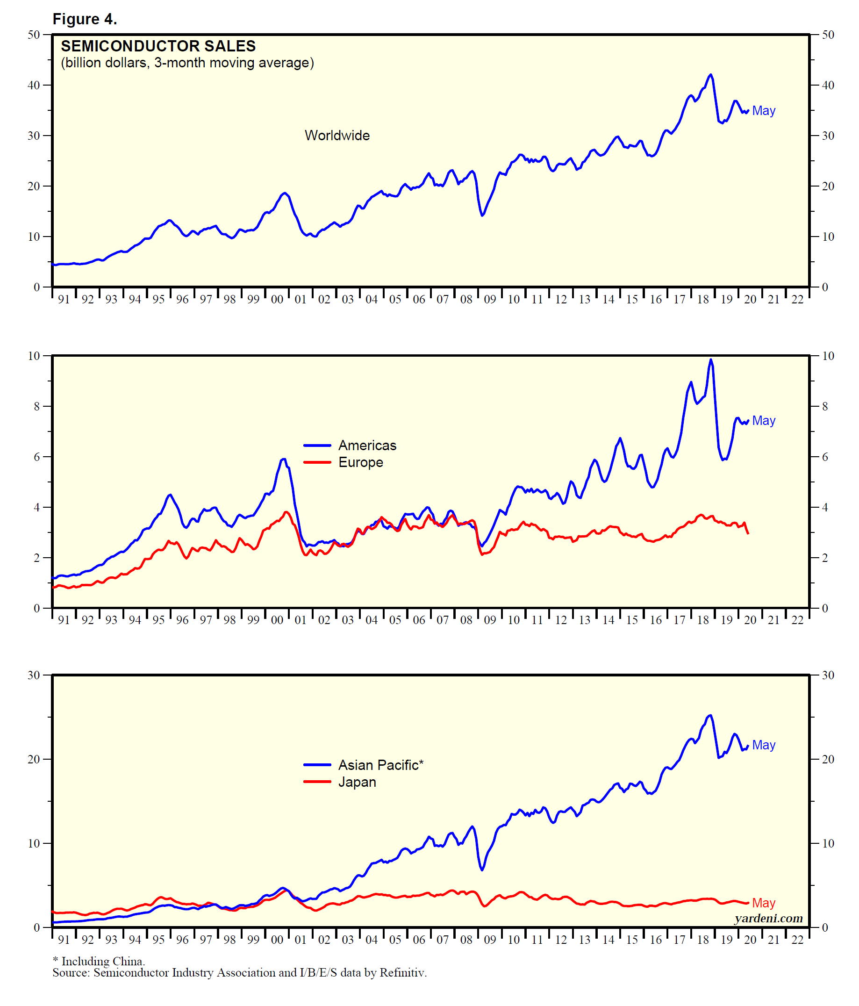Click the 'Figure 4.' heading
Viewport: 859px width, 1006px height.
coord(85,19)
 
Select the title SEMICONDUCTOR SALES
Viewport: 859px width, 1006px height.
coord(157,46)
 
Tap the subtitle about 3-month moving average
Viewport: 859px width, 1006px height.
coord(187,63)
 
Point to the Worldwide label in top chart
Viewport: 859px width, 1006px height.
coord(337,136)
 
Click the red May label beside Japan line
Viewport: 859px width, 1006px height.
coord(763,903)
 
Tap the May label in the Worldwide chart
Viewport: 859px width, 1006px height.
coord(763,111)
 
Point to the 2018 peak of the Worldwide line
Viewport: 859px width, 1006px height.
coord(710,75)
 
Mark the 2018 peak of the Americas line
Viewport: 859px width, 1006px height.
coord(710,360)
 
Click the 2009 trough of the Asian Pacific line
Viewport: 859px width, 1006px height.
coord(482,869)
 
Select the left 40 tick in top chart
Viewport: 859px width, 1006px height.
coord(34,85)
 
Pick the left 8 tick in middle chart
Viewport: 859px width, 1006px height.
coord(36,406)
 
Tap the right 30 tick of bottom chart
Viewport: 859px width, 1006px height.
coord(828,675)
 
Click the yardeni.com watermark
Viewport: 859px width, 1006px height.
coord(768,918)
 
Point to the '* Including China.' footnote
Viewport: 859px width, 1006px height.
coord(99,961)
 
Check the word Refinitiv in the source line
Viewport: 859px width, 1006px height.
coord(402,972)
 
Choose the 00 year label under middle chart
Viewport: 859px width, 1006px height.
coord(277,620)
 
